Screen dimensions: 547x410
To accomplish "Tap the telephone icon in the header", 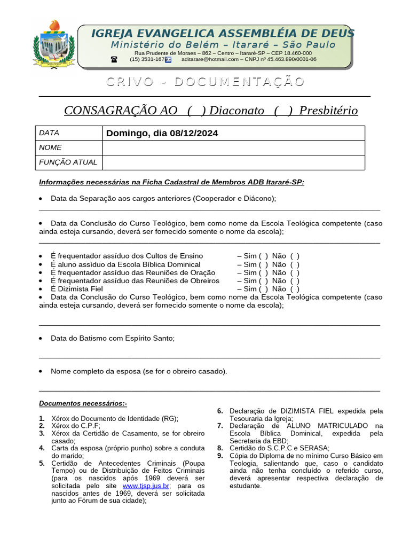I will pos(114,60).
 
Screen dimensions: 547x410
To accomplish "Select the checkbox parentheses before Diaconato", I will pos(196,111).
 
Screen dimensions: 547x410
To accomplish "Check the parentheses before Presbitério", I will pos(283,111).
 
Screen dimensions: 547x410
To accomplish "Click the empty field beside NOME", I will pos(233,148).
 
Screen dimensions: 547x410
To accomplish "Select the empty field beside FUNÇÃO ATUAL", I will pos(233,162).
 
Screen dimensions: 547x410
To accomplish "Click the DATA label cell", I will pos(69,133).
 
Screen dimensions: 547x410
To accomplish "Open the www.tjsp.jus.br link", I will pos(146,486).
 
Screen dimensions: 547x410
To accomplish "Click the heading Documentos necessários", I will pos(83,403).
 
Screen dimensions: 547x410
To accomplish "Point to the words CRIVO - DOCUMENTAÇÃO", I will pos(205,82).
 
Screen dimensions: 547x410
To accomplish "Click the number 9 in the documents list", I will pos(219,456).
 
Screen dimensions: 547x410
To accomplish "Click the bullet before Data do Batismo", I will pos(42,339).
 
